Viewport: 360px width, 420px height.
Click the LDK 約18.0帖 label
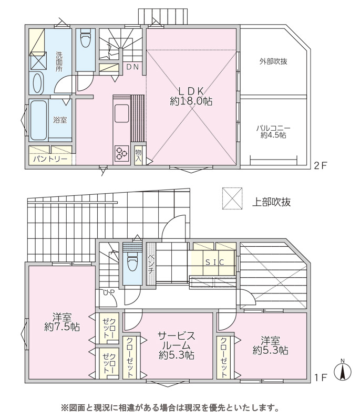(x=191, y=96)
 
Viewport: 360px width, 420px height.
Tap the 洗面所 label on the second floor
(x=59, y=61)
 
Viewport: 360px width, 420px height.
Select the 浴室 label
(x=60, y=120)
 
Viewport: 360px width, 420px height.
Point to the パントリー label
(x=50, y=160)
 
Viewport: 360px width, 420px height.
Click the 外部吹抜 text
(x=273, y=61)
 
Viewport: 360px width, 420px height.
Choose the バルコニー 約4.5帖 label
(x=273, y=132)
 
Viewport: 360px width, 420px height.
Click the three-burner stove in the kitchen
(x=121, y=153)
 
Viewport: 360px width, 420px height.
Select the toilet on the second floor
(x=86, y=40)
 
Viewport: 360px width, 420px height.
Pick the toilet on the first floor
(x=132, y=261)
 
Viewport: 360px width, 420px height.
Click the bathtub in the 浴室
(x=38, y=120)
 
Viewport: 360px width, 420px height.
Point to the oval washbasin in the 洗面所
(x=37, y=83)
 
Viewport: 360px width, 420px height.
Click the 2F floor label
(x=321, y=165)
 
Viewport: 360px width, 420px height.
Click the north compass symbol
(x=342, y=370)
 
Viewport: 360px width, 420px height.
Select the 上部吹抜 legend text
(x=271, y=202)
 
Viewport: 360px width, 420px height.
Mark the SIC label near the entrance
(x=214, y=262)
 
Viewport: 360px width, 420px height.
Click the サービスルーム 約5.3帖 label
(x=177, y=345)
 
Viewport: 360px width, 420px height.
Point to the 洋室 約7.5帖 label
(x=61, y=322)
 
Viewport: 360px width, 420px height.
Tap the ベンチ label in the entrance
(x=151, y=263)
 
